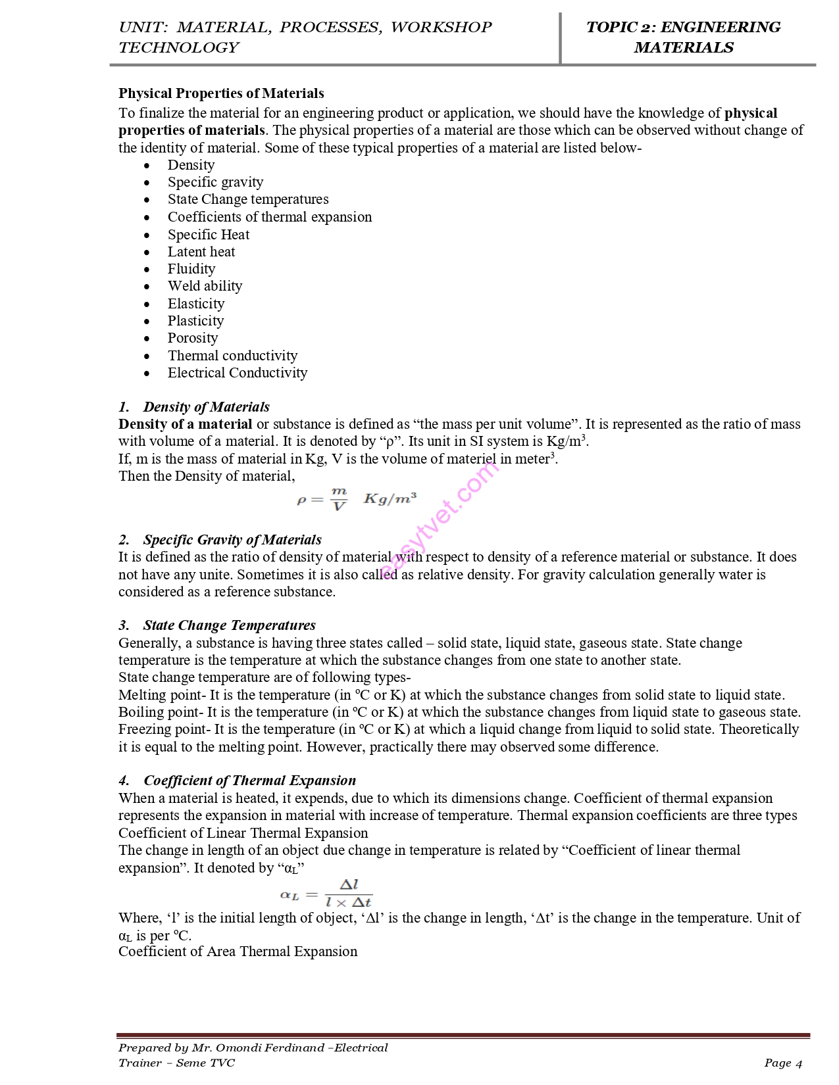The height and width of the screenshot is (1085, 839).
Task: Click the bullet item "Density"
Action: [x=191, y=165]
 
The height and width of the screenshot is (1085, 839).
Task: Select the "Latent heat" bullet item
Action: [x=201, y=252]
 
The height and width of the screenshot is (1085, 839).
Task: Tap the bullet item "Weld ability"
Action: [x=205, y=286]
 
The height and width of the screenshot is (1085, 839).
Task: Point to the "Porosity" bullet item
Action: [x=192, y=338]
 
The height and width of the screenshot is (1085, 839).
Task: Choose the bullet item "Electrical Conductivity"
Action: [x=237, y=373]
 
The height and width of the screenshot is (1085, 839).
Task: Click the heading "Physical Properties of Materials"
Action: [x=221, y=93]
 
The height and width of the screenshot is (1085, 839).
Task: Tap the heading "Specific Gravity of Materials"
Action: [x=232, y=540]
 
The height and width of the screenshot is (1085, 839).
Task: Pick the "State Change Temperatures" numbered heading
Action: [x=229, y=625]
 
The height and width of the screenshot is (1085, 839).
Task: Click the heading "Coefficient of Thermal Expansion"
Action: [x=249, y=781]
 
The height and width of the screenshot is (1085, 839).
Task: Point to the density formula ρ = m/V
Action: [x=356, y=499]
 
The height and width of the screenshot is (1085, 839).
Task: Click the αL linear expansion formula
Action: [x=326, y=894]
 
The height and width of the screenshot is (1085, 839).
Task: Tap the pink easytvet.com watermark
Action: [x=439, y=519]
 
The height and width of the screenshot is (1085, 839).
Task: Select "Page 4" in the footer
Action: [x=783, y=1063]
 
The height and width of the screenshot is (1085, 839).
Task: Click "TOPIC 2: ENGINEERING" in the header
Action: [x=683, y=28]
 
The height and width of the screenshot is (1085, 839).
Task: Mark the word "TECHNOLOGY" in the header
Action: [x=179, y=48]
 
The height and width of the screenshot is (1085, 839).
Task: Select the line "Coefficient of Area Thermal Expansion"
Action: [x=238, y=952]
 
